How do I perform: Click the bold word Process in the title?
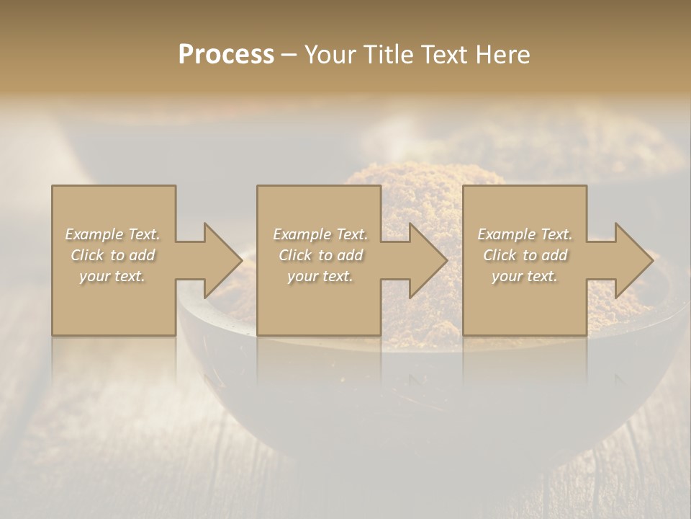pyautogui.click(x=226, y=55)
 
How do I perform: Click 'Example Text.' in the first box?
pyautogui.click(x=113, y=234)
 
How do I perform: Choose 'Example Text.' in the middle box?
pyautogui.click(x=320, y=234)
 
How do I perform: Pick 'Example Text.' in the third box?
pyautogui.click(x=525, y=234)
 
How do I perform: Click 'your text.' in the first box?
pyautogui.click(x=112, y=276)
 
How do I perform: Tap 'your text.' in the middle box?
pyautogui.click(x=320, y=276)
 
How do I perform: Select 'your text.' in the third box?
pyautogui.click(x=525, y=276)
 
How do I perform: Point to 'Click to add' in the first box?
pyautogui.click(x=113, y=255)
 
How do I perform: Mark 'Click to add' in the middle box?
pyautogui.click(x=320, y=255)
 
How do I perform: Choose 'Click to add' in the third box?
pyautogui.click(x=525, y=255)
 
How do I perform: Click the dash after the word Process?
pyautogui.click(x=289, y=56)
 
